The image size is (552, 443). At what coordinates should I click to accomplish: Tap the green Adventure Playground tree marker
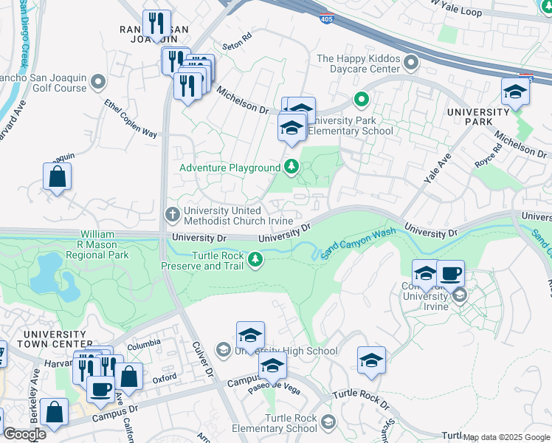pos(291,168)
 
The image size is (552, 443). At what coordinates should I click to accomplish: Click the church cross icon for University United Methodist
pos(171,215)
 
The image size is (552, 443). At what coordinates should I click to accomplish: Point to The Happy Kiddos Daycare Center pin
pos(411,62)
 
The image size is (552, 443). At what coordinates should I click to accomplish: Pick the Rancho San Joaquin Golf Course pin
pos(97,80)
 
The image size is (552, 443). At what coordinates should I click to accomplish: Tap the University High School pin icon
pos(224,349)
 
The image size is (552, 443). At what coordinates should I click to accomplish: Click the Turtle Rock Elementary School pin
pos(328,422)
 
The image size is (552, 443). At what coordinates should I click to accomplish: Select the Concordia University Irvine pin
pos(460,297)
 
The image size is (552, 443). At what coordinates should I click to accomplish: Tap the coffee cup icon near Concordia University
pos(450,274)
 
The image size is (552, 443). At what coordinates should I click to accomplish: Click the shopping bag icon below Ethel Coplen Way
pos(57,178)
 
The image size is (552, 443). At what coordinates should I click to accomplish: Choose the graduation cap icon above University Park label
pos(515,92)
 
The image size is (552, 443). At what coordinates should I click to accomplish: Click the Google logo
pos(24,434)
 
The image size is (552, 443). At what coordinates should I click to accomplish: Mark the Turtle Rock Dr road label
pos(360,398)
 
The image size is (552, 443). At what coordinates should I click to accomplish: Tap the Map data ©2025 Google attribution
pos(506,437)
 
